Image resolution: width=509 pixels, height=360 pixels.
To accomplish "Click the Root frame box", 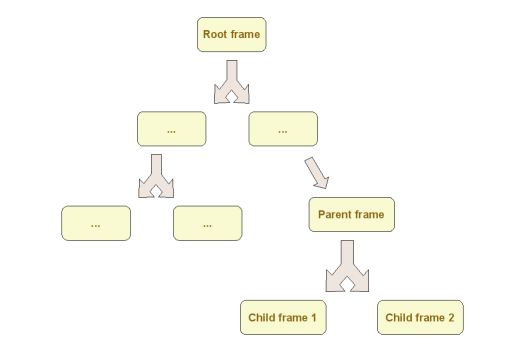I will (231, 34).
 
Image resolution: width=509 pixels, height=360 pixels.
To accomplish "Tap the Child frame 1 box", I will (282, 318).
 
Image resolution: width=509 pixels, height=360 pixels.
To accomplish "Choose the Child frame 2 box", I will (420, 318).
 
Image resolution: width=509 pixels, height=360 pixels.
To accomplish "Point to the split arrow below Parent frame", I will (346, 266).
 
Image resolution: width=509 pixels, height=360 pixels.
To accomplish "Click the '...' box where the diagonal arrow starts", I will (283, 129).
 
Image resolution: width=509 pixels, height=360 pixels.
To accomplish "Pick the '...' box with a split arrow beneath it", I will (171, 129).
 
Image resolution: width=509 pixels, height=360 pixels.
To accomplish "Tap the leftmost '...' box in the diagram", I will (96, 223).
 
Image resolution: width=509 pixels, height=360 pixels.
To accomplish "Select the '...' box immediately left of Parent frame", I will (207, 223).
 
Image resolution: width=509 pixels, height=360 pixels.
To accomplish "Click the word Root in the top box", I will (216, 34).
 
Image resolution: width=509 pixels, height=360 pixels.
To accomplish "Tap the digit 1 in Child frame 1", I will (313, 318).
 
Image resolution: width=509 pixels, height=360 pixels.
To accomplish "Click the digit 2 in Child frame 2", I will (451, 318).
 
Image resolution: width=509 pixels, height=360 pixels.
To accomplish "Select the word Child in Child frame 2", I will (400, 318).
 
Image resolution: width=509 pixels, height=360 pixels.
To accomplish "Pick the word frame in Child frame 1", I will (292, 318).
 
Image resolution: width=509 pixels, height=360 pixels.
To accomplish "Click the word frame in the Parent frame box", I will (369, 215).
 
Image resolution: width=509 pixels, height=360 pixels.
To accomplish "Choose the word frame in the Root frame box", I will (246, 34).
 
